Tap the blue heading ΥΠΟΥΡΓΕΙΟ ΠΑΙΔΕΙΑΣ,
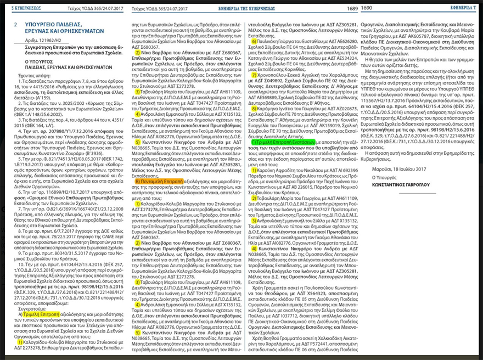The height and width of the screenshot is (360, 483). click(52, 25)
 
